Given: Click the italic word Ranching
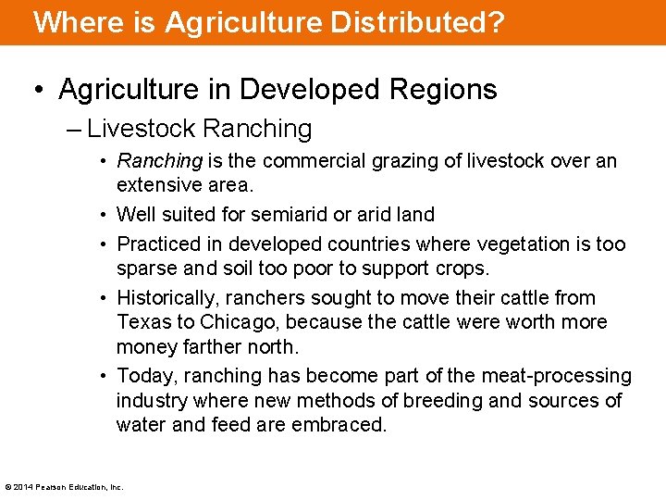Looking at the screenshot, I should click(x=159, y=161).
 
